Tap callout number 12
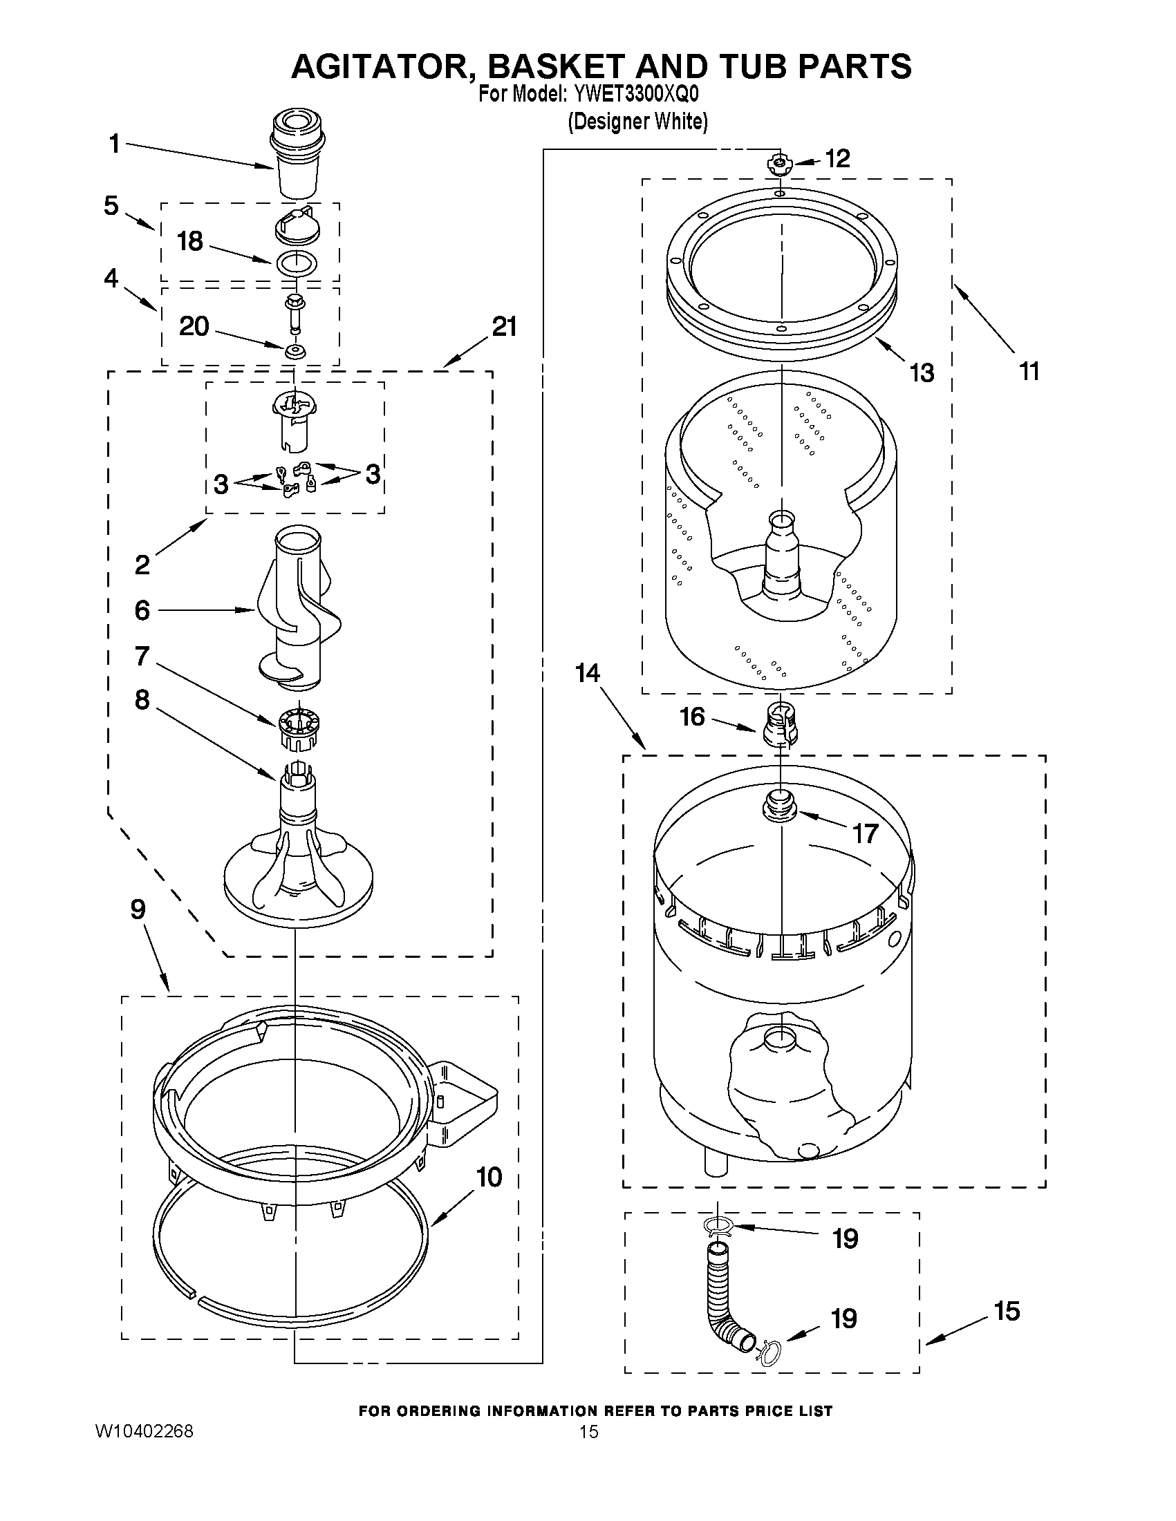[837, 159]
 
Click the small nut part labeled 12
[779, 164]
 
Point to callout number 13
[922, 373]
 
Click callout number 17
[865, 833]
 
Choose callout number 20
[194, 326]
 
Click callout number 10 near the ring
[488, 1177]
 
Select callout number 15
[1007, 1311]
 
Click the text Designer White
[637, 122]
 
